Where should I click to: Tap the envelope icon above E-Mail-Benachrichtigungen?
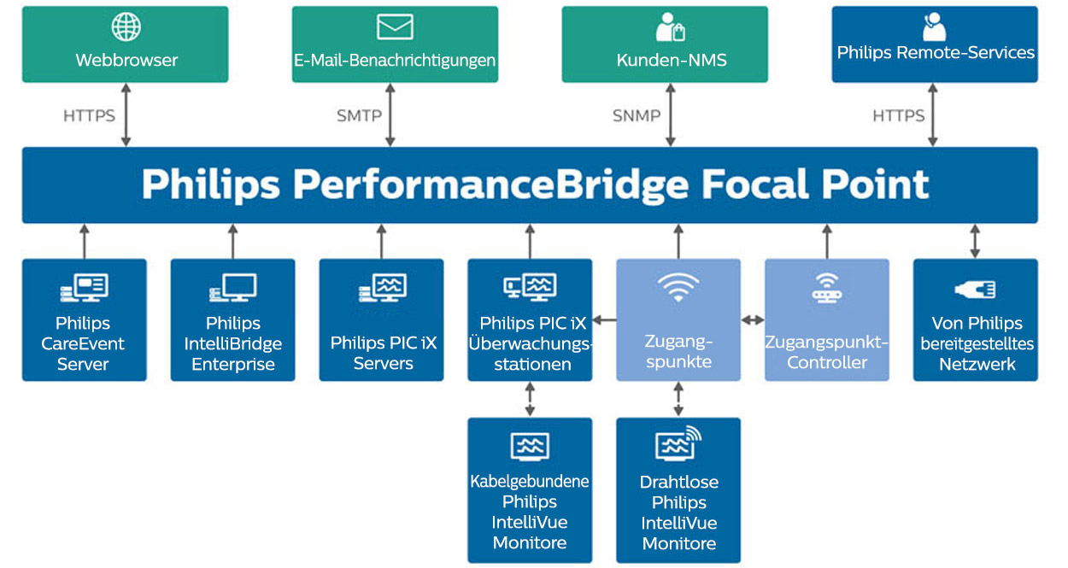(395, 26)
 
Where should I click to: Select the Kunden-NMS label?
(665, 61)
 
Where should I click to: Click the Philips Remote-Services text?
(936, 53)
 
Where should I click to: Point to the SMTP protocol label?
(359, 115)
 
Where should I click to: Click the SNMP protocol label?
(637, 115)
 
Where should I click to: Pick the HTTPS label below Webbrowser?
(89, 115)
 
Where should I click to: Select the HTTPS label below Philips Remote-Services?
(898, 115)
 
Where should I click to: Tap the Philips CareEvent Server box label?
(83, 343)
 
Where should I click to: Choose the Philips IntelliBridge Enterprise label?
(232, 343)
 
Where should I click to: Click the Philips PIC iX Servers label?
(383, 353)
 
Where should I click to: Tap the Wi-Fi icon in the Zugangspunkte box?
(678, 288)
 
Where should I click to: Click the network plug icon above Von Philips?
(975, 290)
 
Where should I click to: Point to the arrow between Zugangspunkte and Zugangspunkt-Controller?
(753, 320)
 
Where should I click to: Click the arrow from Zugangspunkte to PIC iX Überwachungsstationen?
(604, 320)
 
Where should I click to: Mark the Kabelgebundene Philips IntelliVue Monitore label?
(530, 512)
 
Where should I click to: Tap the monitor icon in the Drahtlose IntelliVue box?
(678, 444)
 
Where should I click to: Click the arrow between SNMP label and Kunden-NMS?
(670, 114)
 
